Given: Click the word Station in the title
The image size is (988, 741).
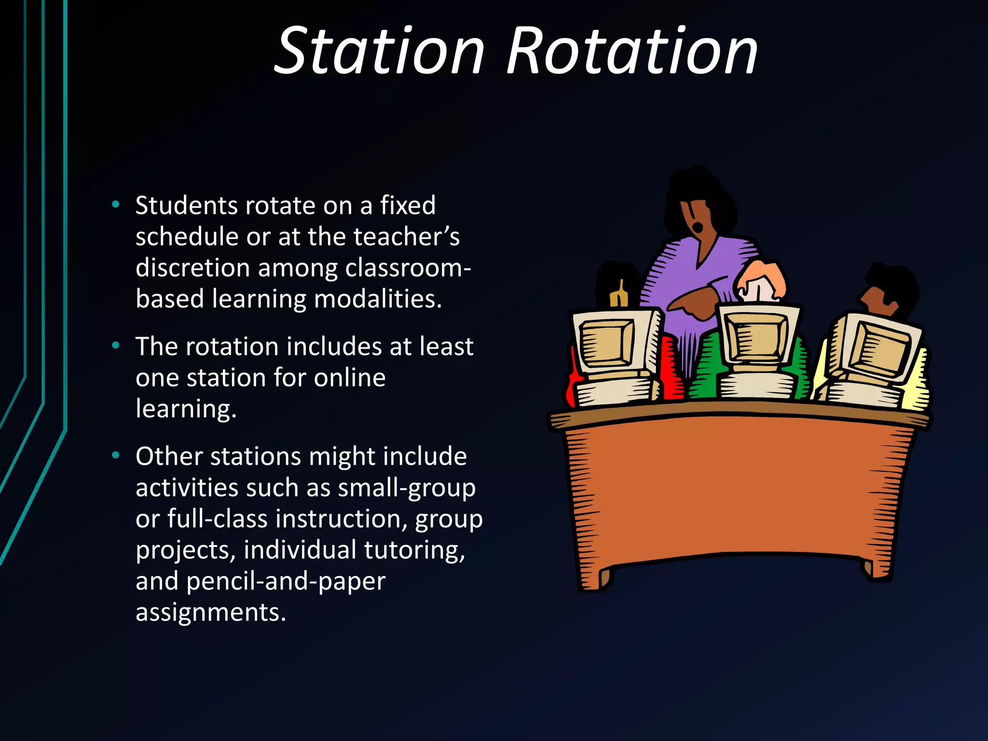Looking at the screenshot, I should coord(379,51).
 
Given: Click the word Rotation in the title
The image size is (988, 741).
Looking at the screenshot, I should coord(632,51).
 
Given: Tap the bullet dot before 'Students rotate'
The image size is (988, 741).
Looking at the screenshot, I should coord(115,205).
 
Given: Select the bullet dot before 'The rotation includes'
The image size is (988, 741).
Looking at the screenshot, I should coord(115,345).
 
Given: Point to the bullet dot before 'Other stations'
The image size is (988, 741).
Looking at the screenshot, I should coord(115,455).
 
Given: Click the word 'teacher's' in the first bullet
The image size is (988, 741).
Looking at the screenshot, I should coord(406,236).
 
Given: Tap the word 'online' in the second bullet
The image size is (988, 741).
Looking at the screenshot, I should coord(349,377).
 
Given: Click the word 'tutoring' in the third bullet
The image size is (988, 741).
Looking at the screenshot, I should coord(415,549).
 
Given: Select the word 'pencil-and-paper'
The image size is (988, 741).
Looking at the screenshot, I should coord(286,581).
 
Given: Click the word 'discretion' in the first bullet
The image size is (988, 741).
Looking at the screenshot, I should coord(192,267).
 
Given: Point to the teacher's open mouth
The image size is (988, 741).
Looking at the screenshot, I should coord(698,226).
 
